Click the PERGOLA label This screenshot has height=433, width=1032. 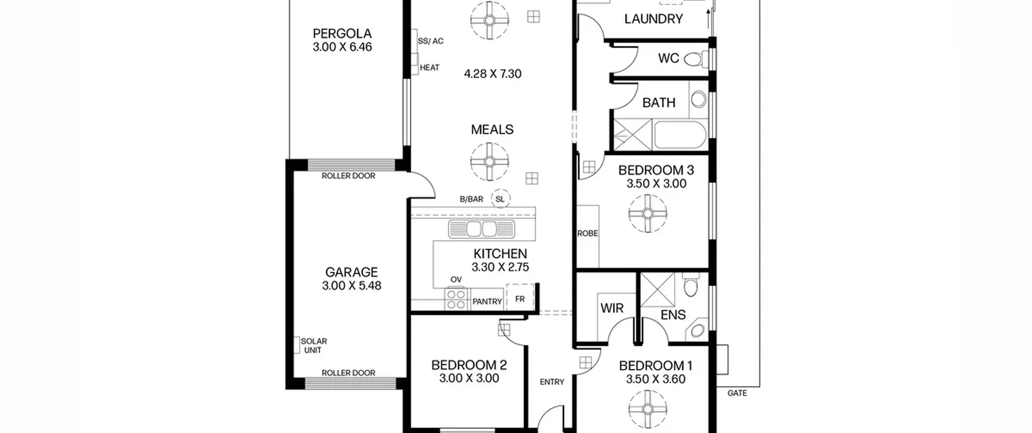(342, 33)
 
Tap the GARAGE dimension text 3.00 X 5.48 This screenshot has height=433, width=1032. (352, 286)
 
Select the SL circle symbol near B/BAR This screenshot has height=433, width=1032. (500, 199)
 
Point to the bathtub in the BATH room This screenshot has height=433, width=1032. (680, 135)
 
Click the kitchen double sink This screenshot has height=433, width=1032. (481, 229)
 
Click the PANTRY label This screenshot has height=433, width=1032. (487, 301)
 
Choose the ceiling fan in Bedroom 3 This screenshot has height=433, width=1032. (648, 213)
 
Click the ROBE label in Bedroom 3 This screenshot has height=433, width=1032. (587, 233)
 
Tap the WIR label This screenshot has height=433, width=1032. (612, 308)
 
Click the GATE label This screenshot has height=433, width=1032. (737, 393)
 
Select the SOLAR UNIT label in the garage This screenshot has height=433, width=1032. (314, 346)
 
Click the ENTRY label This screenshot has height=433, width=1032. (552, 382)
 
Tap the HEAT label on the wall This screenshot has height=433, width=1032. (429, 68)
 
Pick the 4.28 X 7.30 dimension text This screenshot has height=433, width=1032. (493, 74)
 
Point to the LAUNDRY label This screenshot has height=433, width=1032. (653, 19)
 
